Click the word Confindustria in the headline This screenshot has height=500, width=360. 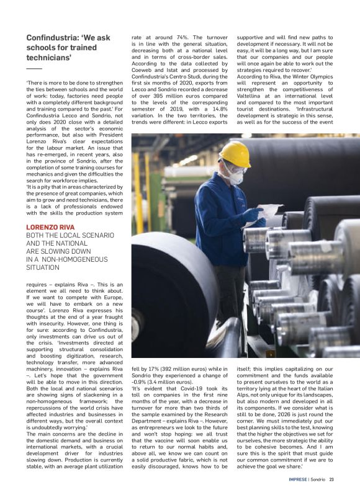[56, 38]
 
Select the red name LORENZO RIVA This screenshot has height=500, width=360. [50, 227]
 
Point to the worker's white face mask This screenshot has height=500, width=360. [236, 177]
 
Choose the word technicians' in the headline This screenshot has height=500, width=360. [49, 58]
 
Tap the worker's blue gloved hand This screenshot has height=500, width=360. [253, 215]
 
